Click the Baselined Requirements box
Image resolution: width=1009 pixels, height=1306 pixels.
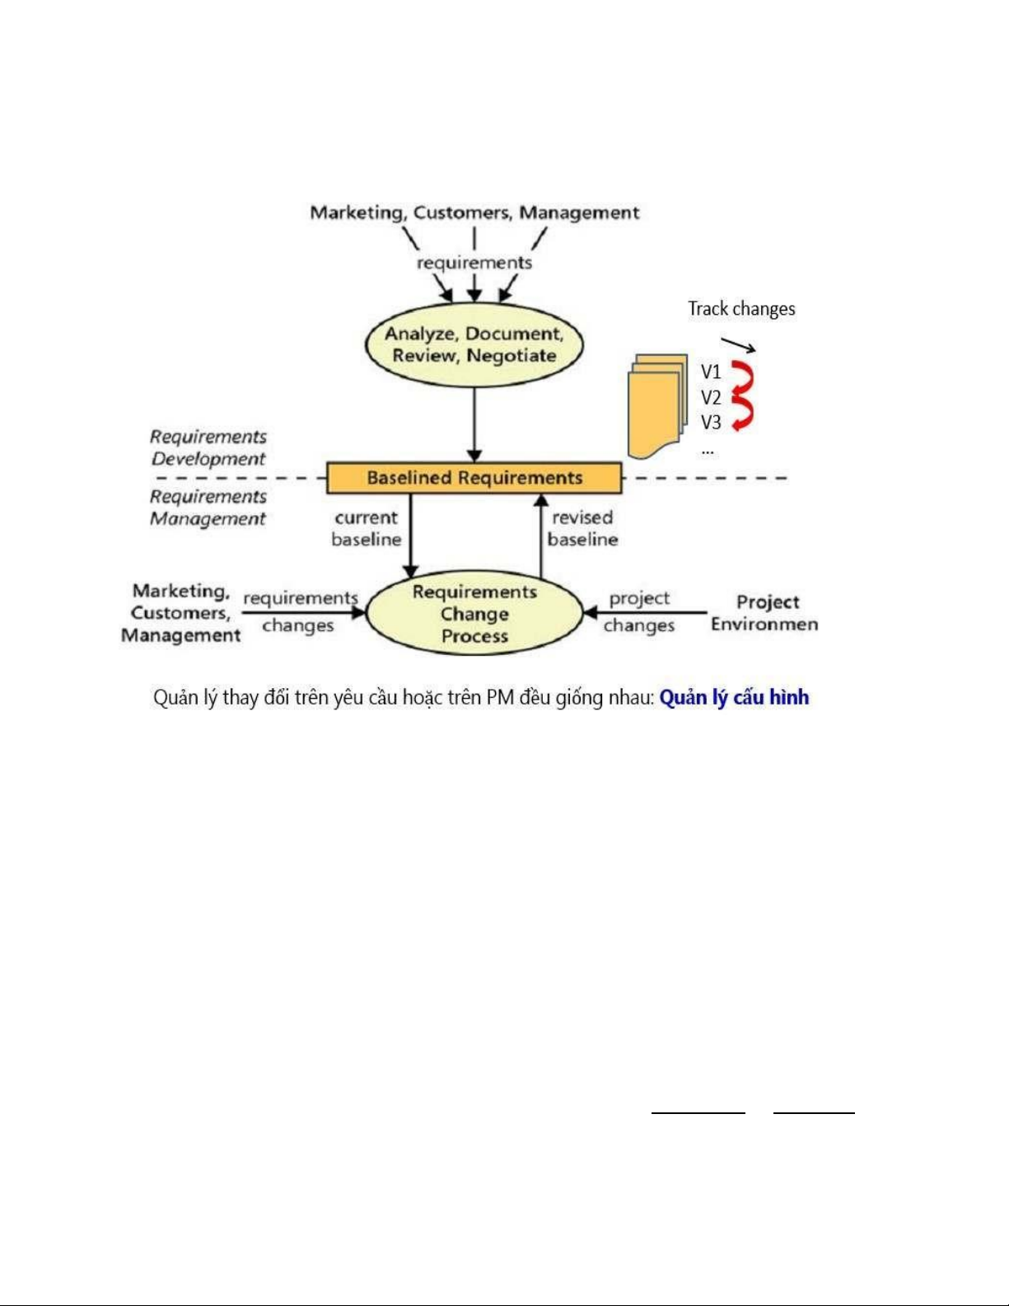[x=474, y=478]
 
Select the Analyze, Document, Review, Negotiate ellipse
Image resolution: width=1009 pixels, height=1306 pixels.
[x=474, y=345]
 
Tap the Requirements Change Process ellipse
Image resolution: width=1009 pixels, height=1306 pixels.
[x=474, y=613]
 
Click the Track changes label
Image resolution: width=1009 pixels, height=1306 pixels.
[x=741, y=309]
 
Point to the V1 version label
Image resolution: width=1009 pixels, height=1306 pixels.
[x=711, y=372]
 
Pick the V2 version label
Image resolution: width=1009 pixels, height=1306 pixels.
[x=711, y=397]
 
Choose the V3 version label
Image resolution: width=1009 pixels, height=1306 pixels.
[x=711, y=423]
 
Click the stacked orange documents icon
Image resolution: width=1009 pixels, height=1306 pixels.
[x=657, y=405]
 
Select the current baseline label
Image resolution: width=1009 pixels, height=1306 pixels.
[x=366, y=529]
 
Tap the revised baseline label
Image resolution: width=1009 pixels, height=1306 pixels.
[x=582, y=529]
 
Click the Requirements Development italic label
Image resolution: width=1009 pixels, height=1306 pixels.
[x=208, y=447]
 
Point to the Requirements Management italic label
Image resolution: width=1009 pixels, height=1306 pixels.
[x=208, y=508]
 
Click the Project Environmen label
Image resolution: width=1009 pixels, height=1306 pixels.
[x=764, y=613]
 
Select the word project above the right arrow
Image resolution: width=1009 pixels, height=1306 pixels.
[x=639, y=598]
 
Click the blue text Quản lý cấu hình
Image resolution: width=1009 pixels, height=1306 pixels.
[x=734, y=698]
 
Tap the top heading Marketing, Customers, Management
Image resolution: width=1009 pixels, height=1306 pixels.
[x=474, y=213]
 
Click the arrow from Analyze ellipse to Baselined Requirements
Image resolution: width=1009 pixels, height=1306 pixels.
[x=474, y=425]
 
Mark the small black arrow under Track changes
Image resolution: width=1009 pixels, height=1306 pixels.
[x=738, y=345]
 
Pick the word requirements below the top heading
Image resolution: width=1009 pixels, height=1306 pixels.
[x=474, y=263]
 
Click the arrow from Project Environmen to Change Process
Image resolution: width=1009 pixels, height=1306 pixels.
[x=645, y=613]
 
